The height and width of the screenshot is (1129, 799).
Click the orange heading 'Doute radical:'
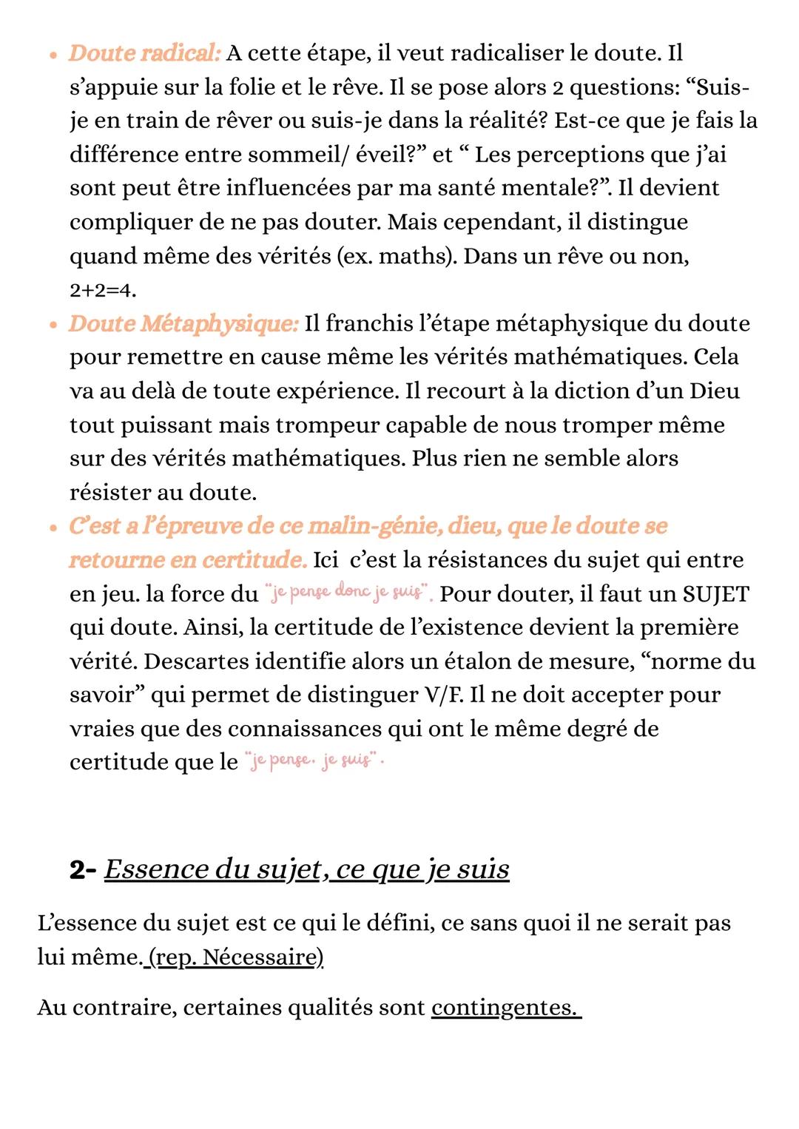tap(144, 53)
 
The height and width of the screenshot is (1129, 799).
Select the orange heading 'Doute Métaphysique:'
tap(183, 323)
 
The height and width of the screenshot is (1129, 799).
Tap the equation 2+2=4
tap(103, 291)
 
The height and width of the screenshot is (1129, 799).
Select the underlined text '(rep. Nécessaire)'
tap(235, 957)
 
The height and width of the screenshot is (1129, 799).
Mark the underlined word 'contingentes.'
tap(505, 1008)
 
